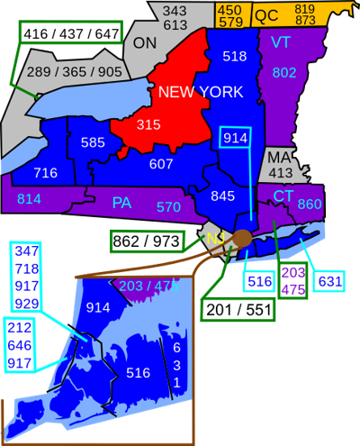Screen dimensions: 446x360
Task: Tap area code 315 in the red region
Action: pos(148,124)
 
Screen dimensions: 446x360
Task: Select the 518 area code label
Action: pos(234,56)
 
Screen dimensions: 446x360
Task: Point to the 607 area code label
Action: pos(161,164)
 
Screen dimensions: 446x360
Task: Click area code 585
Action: pos(93,142)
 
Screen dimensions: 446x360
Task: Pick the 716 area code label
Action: pos(45,172)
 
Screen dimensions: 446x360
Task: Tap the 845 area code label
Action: pos(222,196)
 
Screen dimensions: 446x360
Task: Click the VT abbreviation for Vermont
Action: pos(280,41)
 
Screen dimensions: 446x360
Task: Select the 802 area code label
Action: pos(283,72)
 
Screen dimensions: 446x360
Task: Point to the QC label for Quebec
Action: pos(266,15)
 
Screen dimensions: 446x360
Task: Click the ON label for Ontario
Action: pos(144,43)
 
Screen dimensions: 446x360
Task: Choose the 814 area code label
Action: pos(29,198)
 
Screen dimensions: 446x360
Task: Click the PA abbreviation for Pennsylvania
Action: pos(122,203)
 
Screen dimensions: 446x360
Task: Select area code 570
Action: pos(168,207)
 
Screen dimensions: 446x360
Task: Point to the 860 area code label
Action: pos(310,205)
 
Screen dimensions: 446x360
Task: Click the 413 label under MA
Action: pos(280,173)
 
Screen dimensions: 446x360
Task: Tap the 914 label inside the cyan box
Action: pos(235,138)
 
